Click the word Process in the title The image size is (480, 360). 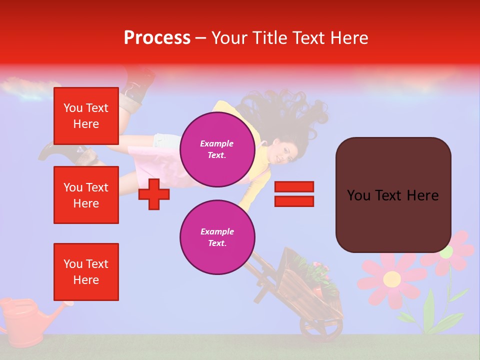[157, 38]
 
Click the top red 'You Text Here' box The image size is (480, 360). [86, 116]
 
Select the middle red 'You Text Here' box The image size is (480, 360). [86, 195]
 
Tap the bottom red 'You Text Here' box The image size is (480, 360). [86, 272]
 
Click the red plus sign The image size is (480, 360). [154, 194]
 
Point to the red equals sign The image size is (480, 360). [294, 194]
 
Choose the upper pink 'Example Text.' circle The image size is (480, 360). [217, 149]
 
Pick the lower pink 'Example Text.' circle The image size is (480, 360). [217, 237]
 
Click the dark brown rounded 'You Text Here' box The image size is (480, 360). [393, 195]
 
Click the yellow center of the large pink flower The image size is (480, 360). [391, 279]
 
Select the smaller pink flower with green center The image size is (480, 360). [446, 251]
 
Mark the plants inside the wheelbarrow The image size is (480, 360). [312, 272]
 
